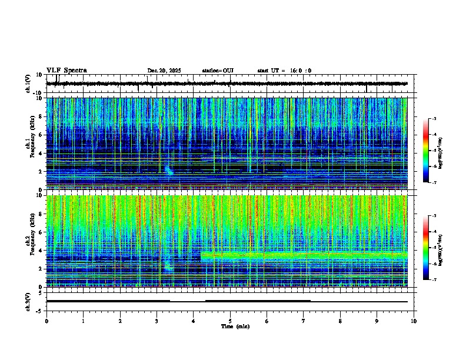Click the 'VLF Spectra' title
tap(66, 71)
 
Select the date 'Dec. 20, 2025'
tap(164, 71)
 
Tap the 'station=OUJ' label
tap(218, 71)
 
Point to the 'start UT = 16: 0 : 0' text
tap(284, 71)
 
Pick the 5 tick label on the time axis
tap(230, 321)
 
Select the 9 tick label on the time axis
tap(377, 321)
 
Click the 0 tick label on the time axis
tap(46, 321)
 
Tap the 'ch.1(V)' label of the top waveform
tap(28, 84)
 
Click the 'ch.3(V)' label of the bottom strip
tap(28, 301)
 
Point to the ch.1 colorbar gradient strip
tap(425, 151)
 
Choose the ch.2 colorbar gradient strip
tap(425, 248)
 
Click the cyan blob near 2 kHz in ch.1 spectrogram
tap(169, 171)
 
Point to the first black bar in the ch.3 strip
tap(108, 301)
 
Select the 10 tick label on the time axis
tap(414, 321)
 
